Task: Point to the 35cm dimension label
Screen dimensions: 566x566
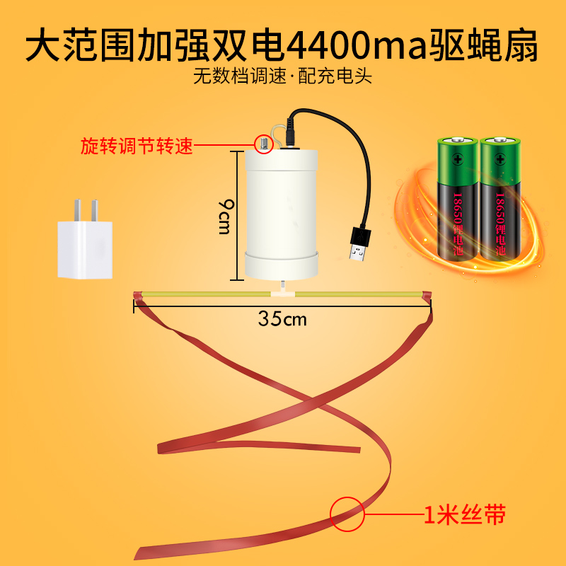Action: pyautogui.click(x=282, y=318)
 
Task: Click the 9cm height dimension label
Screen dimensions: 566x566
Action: pyautogui.click(x=224, y=216)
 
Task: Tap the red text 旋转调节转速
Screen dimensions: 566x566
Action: pyautogui.click(x=136, y=146)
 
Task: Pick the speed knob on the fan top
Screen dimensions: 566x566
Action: pyautogui.click(x=262, y=144)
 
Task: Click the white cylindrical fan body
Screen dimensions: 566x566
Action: pyautogui.click(x=281, y=212)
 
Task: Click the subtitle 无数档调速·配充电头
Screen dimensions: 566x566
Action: pyautogui.click(x=282, y=76)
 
